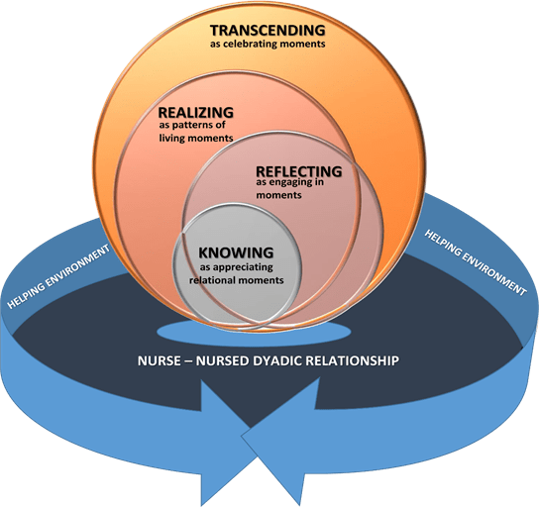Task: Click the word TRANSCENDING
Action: point(269,29)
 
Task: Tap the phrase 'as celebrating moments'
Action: point(268,45)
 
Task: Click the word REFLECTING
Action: point(298,170)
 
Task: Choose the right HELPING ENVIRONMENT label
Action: point(475,260)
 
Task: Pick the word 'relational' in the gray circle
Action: point(217,280)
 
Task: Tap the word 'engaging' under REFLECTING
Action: point(287,182)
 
